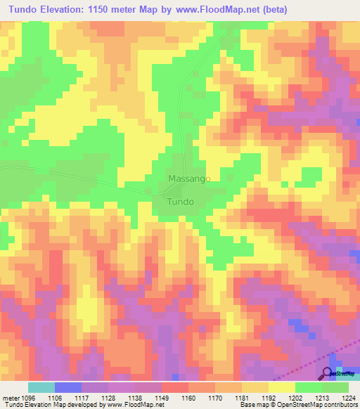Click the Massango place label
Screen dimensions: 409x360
189,179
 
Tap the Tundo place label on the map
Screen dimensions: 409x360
180,201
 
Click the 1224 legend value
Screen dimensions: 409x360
349,397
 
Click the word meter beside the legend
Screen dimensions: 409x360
9,397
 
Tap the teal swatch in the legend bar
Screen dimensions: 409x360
41,387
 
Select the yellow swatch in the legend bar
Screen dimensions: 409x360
281,387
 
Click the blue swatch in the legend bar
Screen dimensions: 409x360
68,387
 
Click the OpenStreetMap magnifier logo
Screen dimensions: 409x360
328,372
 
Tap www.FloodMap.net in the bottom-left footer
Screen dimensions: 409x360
134,405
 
